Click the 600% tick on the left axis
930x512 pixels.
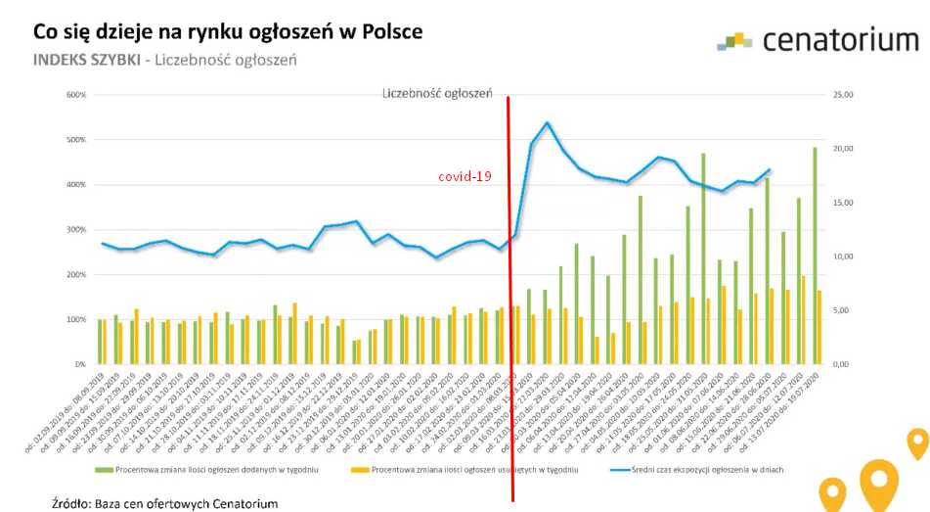point(76,95)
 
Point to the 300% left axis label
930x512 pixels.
point(76,230)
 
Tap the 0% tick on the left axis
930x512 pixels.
point(80,364)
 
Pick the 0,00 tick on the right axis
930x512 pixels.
point(841,364)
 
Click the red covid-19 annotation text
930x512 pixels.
point(464,177)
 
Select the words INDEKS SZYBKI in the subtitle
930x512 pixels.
point(86,60)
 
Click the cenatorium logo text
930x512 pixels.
point(839,40)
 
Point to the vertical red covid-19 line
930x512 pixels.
point(509,294)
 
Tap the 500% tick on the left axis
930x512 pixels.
point(76,140)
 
